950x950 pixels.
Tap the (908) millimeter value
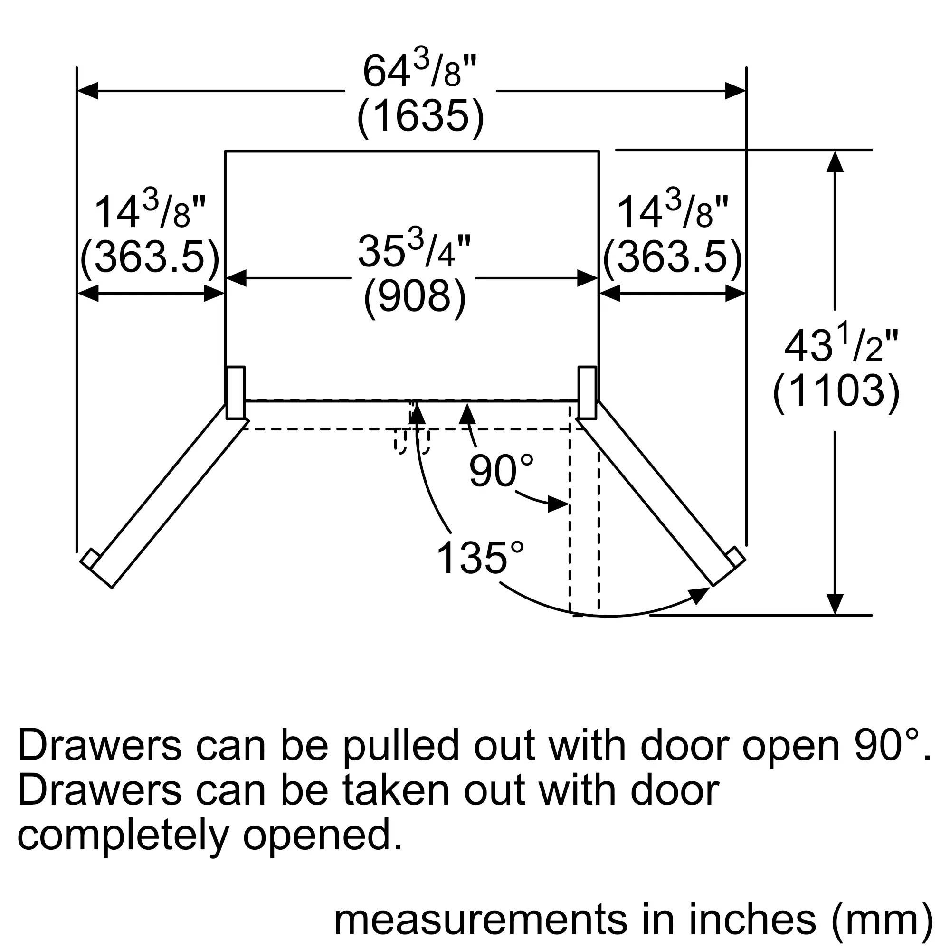tap(415, 297)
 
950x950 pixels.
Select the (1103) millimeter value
tap(836, 391)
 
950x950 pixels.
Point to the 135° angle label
tap(480, 558)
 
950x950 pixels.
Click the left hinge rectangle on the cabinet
tap(236, 392)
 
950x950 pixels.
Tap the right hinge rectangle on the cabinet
tap(587, 392)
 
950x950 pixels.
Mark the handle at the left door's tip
tap(90, 558)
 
